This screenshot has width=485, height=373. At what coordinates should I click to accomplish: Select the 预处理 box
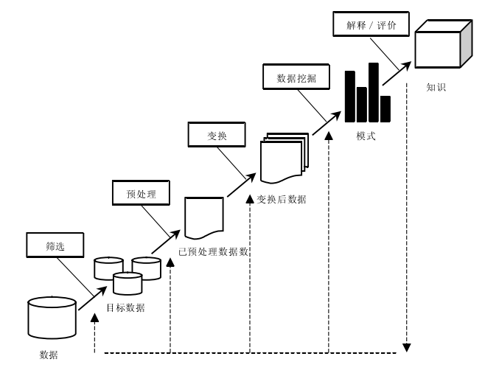(139, 193)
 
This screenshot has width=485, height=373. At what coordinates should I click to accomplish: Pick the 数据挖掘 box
(292, 77)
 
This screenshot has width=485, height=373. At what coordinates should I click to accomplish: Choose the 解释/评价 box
(366, 24)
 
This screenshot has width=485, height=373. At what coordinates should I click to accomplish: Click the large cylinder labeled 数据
(52, 317)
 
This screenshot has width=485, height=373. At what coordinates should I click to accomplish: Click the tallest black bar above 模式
(374, 92)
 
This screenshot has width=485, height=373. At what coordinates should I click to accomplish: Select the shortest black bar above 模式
(385, 108)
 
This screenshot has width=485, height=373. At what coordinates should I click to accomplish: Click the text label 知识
(436, 87)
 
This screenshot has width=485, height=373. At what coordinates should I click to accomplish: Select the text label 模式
(366, 136)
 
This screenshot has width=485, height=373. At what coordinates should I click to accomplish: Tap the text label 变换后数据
(282, 199)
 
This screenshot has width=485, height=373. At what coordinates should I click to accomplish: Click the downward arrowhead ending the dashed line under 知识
(407, 346)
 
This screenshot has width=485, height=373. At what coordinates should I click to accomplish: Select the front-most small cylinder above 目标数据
(127, 284)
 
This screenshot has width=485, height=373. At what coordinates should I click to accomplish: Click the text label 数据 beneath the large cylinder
(49, 355)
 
